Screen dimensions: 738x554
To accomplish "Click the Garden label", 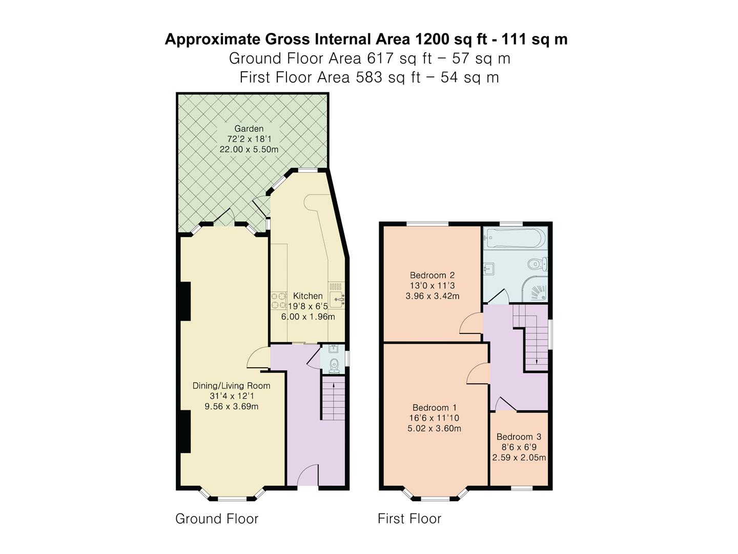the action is [x=249, y=128].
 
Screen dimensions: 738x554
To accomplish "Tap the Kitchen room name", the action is [x=307, y=296].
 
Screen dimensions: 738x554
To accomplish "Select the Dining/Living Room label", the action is [x=231, y=385].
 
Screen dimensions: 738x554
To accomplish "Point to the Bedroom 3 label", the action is [x=519, y=437].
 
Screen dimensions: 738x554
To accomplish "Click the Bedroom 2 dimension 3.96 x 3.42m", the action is [x=433, y=296].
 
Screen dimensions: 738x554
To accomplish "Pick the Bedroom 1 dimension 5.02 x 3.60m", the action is [x=434, y=428].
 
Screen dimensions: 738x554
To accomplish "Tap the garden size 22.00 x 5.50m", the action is [x=249, y=149].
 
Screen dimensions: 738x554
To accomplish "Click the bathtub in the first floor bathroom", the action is [x=515, y=238].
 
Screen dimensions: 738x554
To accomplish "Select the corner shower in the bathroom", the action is [x=535, y=289].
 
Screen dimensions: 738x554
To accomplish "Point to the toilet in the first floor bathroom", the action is [x=538, y=264].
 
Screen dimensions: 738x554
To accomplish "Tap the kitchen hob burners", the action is [x=279, y=301].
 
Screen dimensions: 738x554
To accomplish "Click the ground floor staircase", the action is [x=334, y=398].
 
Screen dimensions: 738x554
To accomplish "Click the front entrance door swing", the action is [x=307, y=475].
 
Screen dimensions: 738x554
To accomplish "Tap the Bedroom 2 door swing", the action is [x=470, y=323].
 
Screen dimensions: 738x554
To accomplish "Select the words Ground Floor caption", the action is [x=217, y=519].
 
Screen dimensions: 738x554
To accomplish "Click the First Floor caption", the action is [x=409, y=519].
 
